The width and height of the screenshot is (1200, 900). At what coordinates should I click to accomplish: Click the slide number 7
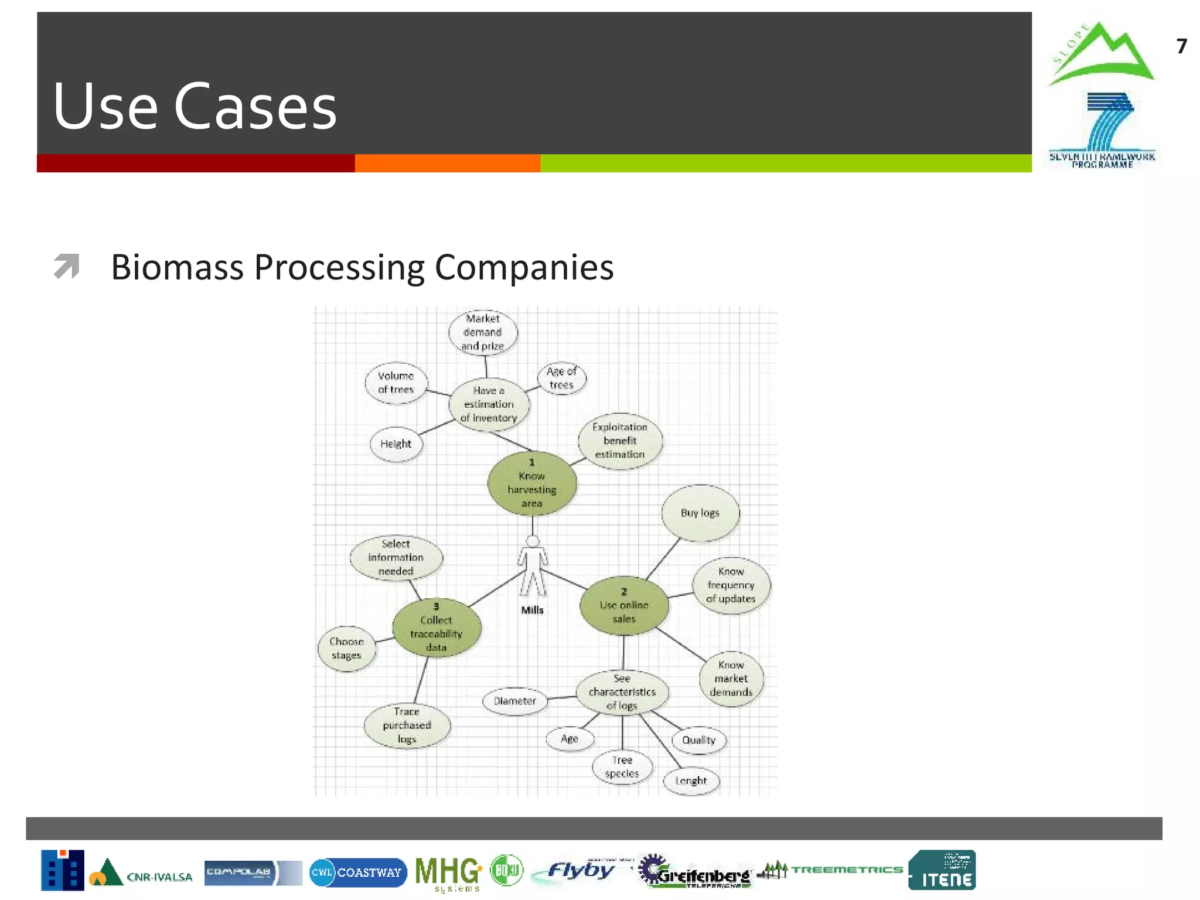(x=1181, y=46)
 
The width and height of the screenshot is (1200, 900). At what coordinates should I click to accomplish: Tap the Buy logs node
(x=700, y=513)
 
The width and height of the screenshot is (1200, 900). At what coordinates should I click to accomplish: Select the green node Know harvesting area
(x=532, y=483)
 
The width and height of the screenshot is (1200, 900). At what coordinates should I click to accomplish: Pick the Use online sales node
(x=624, y=606)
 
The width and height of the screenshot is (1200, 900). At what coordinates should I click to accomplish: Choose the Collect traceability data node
(x=437, y=628)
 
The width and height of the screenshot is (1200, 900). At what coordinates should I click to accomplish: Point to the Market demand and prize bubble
(x=483, y=332)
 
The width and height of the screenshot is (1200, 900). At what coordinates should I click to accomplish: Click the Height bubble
(x=396, y=444)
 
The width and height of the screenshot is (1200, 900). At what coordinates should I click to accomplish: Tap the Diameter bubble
(x=514, y=701)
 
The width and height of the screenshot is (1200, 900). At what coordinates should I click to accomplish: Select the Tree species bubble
(x=622, y=767)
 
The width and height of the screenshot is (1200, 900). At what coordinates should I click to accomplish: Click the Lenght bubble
(x=691, y=781)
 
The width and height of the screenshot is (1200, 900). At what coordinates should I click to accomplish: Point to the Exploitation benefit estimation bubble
(x=620, y=441)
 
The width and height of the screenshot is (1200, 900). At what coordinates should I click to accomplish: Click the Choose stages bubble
(x=347, y=649)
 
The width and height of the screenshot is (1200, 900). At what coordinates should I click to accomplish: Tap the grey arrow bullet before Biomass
(x=66, y=266)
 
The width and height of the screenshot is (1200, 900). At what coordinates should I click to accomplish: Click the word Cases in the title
(x=255, y=107)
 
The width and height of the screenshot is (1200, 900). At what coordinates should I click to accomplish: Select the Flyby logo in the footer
(x=580, y=871)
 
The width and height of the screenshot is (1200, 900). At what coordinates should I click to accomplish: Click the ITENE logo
(x=942, y=871)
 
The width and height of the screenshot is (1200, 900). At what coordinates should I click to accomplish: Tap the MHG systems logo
(x=448, y=873)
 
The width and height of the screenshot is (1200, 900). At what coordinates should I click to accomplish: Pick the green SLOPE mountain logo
(x=1101, y=54)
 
